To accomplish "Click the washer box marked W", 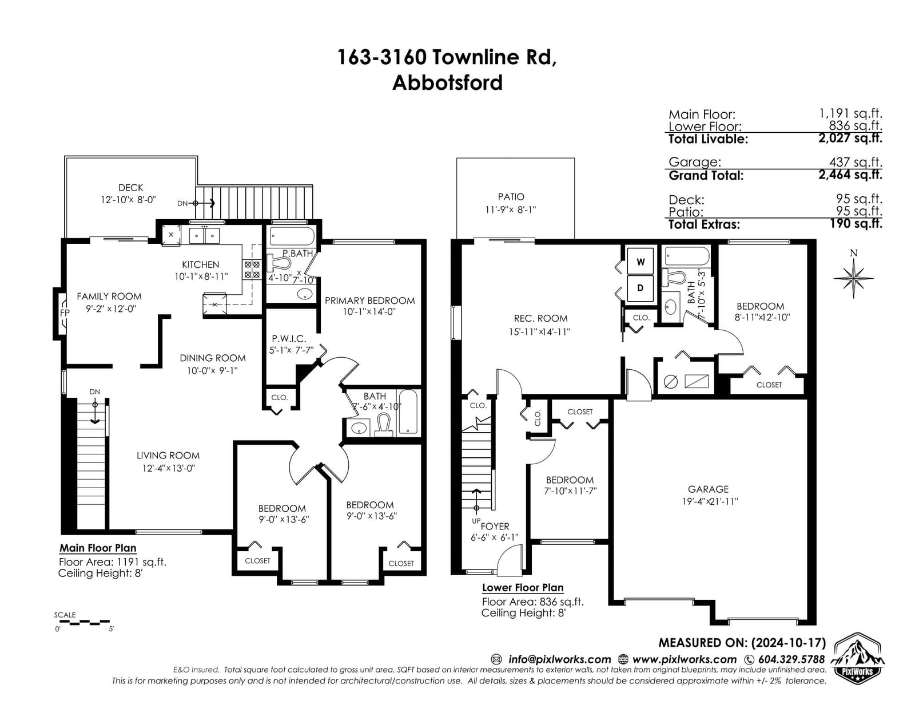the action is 640,262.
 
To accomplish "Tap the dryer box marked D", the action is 640,288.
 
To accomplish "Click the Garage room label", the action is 708,489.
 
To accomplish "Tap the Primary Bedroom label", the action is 369,300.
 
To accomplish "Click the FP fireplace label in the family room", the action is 65,313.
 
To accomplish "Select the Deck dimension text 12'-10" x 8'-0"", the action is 129,200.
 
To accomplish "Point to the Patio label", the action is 511,197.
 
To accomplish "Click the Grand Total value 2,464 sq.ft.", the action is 850,175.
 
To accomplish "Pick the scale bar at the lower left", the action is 82,622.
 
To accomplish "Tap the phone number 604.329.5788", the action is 791,659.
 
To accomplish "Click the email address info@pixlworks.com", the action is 560,659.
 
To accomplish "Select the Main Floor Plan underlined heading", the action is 98,548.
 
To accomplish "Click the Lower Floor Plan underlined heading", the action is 523,588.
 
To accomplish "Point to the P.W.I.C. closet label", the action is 289,338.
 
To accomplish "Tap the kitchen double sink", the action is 204,236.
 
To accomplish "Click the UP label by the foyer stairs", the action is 476,521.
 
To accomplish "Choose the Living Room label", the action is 168,456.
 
